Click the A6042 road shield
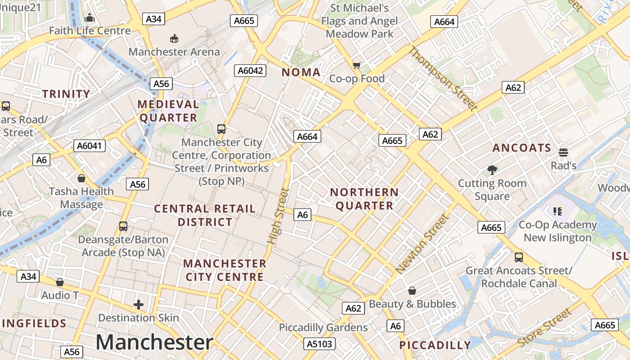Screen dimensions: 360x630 coord(251,70)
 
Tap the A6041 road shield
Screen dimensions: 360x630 coord(90,145)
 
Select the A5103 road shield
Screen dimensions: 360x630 coord(319,344)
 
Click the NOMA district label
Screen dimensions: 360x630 coord(301,72)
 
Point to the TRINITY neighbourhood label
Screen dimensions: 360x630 coord(66,94)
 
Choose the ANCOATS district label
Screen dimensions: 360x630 coord(522,148)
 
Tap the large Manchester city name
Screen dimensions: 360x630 coord(154,342)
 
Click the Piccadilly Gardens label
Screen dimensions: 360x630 coord(323,327)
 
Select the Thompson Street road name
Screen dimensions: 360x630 coord(442,78)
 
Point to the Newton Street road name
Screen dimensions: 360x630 coord(423,244)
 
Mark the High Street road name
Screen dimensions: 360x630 coord(278,216)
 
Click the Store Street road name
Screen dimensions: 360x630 coord(544,328)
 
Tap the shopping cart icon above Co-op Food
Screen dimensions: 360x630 coord(357,66)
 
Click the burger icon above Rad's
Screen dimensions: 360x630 coord(563,153)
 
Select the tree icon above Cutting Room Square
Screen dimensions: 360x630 coord(492,170)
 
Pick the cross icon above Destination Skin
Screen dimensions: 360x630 coord(139,305)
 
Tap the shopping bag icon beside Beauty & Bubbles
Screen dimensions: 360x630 coord(412,291)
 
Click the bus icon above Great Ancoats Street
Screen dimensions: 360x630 coord(519,257)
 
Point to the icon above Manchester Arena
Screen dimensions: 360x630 coord(174,39)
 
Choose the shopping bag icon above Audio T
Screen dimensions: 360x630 coord(60,282)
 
